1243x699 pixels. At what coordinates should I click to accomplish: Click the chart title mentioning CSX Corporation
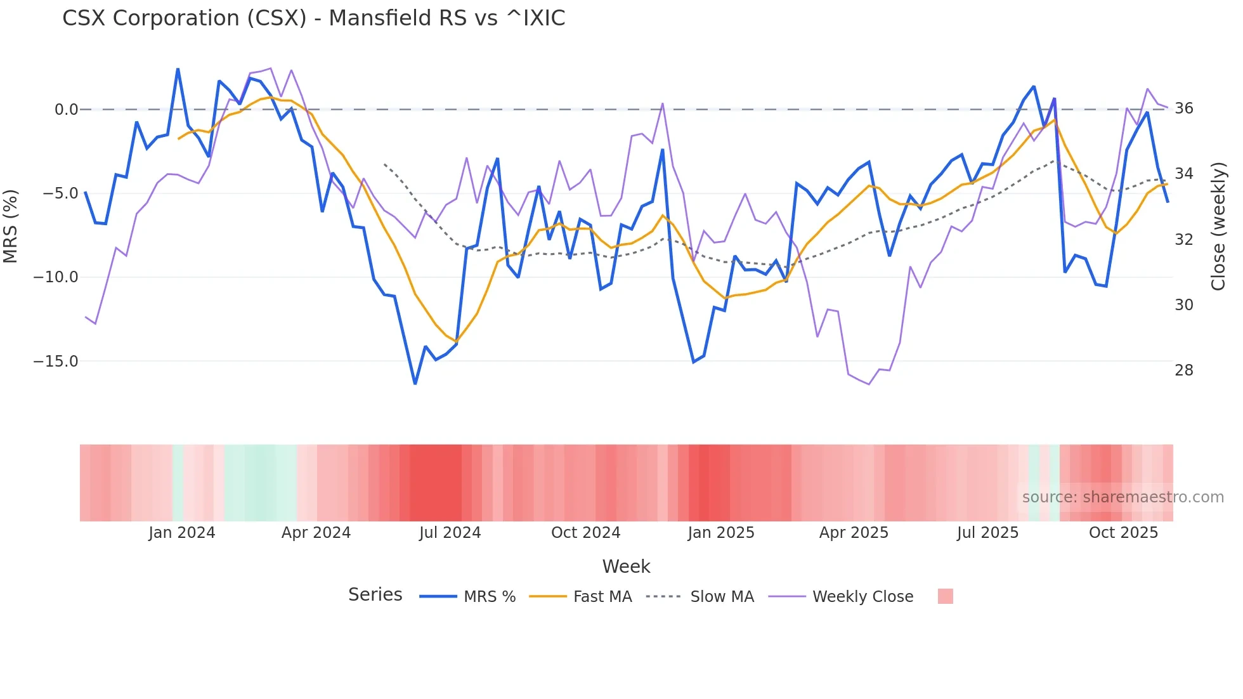tap(313, 18)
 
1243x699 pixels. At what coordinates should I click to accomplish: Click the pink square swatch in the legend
tap(945, 596)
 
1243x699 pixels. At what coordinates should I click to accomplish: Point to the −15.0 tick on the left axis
tap(56, 362)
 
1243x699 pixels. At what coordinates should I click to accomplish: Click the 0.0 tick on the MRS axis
tap(66, 110)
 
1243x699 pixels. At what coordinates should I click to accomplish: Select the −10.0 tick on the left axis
tap(56, 277)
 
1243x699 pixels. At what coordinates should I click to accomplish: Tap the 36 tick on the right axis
tap(1183, 108)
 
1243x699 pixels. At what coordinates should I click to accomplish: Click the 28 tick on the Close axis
tap(1183, 370)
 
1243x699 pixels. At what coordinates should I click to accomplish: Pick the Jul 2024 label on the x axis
tap(450, 533)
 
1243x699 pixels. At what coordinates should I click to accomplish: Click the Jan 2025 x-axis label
tap(720, 533)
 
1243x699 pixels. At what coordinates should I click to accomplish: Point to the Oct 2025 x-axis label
tap(1123, 533)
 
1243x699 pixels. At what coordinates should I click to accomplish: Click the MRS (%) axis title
tap(11, 226)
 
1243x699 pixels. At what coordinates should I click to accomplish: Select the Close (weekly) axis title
tap(1218, 226)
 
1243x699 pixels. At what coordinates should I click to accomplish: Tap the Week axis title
tap(626, 566)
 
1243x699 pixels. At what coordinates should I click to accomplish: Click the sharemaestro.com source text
tap(1123, 497)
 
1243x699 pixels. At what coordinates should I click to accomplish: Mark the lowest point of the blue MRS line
tap(415, 384)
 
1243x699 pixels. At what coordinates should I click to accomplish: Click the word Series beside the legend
tap(375, 595)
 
